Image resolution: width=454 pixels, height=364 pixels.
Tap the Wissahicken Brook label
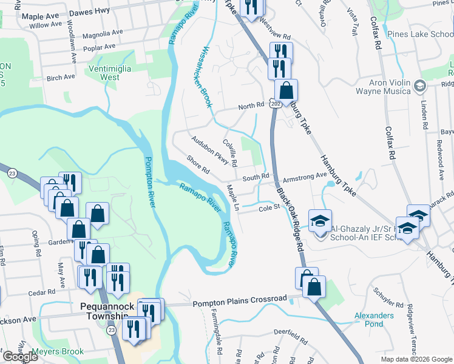pos(205,77)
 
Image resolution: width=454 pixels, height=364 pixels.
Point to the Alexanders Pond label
pos(374,319)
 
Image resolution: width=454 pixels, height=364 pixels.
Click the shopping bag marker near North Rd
pos(286,91)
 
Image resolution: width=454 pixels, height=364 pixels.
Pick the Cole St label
pos(268,207)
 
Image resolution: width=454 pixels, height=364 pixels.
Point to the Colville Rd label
pos(229,153)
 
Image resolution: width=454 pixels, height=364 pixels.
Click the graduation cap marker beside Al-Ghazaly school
pos(320,220)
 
